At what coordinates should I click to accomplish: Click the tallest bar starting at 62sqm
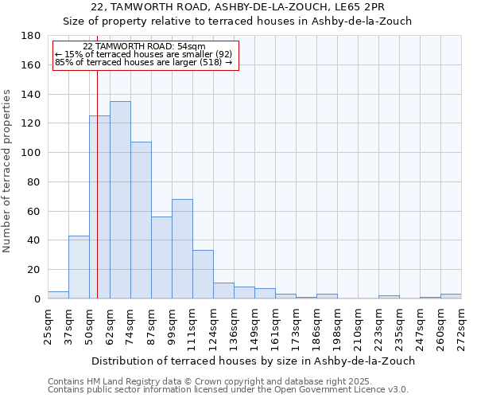click(x=120, y=200)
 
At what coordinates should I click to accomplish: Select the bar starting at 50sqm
click(x=99, y=207)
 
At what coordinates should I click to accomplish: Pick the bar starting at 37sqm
click(x=79, y=267)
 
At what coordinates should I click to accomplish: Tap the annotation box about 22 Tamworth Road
click(x=145, y=55)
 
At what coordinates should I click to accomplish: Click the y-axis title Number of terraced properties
click(x=7, y=170)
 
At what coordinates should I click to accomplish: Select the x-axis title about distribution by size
click(x=254, y=361)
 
